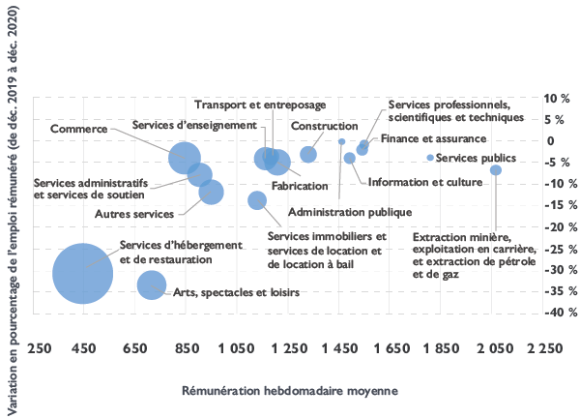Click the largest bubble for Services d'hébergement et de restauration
[82, 274]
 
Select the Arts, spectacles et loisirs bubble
[151, 284]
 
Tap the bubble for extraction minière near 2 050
[496, 170]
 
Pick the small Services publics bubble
[429, 158]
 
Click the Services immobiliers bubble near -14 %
[257, 200]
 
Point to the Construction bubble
[308, 155]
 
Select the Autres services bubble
[211, 192]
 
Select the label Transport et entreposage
[259, 105]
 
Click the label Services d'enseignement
[193, 125]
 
